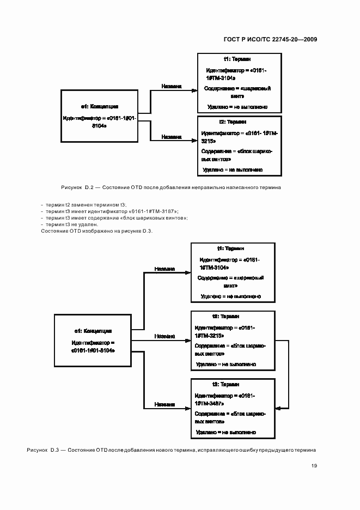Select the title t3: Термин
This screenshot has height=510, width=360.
pyautogui.click(x=223, y=384)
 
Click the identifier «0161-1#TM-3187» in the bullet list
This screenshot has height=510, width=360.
pyautogui.click(x=154, y=211)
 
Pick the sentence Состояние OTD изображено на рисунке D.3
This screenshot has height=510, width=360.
pyautogui.click(x=97, y=231)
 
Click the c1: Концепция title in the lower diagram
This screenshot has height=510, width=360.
pyautogui.click(x=93, y=331)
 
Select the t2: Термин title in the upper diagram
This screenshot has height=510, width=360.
pyautogui.click(x=233, y=123)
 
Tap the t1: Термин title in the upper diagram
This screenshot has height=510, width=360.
pyautogui.click(x=237, y=59)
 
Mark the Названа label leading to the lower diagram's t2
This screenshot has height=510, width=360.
pyautogui.click(x=164, y=336)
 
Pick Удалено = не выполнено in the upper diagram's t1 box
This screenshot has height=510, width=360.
pyautogui.click(x=237, y=107)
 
